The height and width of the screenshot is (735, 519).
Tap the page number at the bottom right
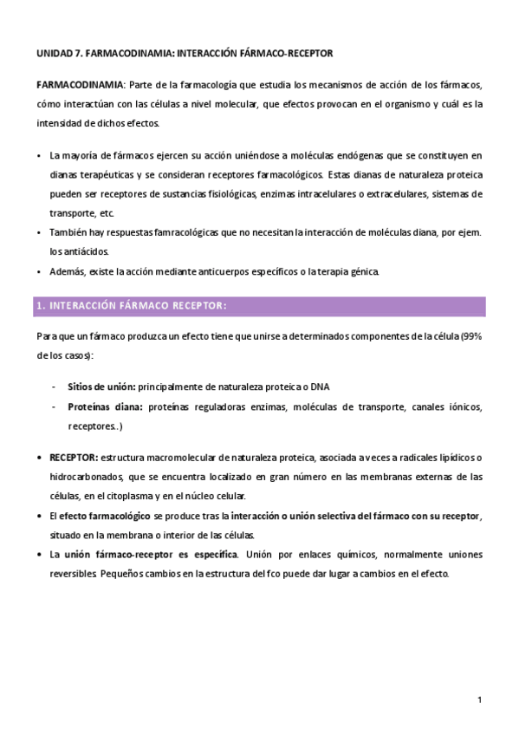click(479, 699)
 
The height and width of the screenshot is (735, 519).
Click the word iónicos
click(461, 407)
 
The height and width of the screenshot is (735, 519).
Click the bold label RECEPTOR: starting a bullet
click(74, 458)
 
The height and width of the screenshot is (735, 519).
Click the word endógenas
click(314, 156)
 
